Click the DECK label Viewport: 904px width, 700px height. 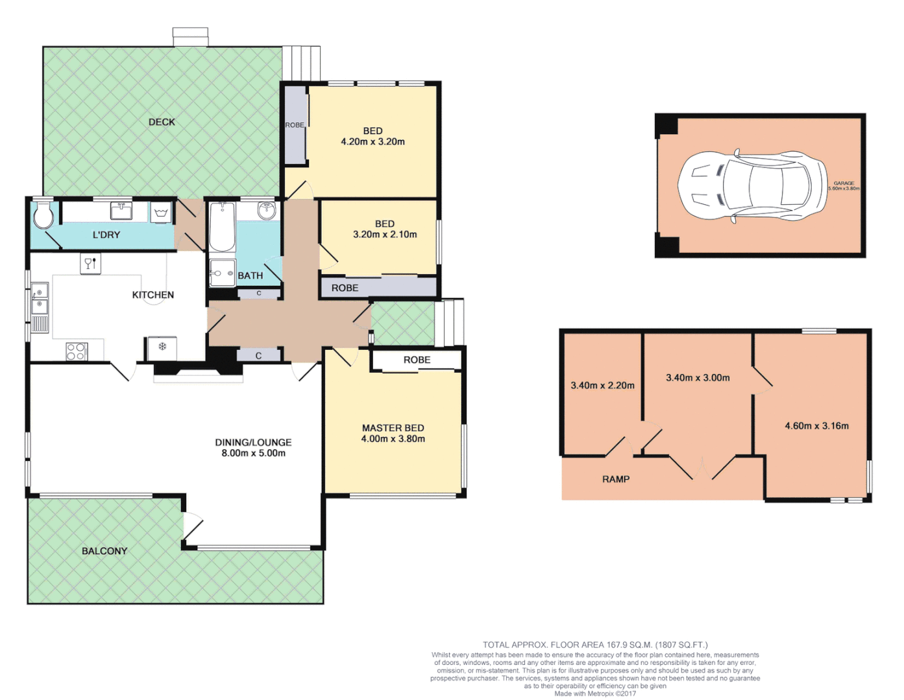pos(162,122)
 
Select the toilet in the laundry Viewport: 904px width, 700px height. pos(43,216)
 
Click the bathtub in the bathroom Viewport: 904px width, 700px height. pos(222,227)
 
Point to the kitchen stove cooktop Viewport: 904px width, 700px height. pos(76,351)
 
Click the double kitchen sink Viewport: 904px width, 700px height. pos(39,297)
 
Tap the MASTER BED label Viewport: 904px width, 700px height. pos(393,428)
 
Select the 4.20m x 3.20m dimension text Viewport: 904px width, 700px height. pos(373,142)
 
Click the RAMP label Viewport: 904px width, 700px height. pos(615,479)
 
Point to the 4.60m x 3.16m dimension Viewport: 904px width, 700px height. pos(816,426)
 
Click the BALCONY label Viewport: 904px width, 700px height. pos(104,551)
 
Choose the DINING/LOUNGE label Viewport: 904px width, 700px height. pos(253,443)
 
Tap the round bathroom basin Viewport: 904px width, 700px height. pos(267,211)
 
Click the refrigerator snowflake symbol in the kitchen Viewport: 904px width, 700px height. pos(162,346)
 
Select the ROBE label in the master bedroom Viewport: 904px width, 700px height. pos(417,360)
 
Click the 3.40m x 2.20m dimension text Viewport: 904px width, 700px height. pos(602,386)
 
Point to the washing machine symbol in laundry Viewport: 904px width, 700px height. pos(161,213)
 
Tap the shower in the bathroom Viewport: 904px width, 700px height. pos(222,273)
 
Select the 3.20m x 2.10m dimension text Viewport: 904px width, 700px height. pos(385,235)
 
